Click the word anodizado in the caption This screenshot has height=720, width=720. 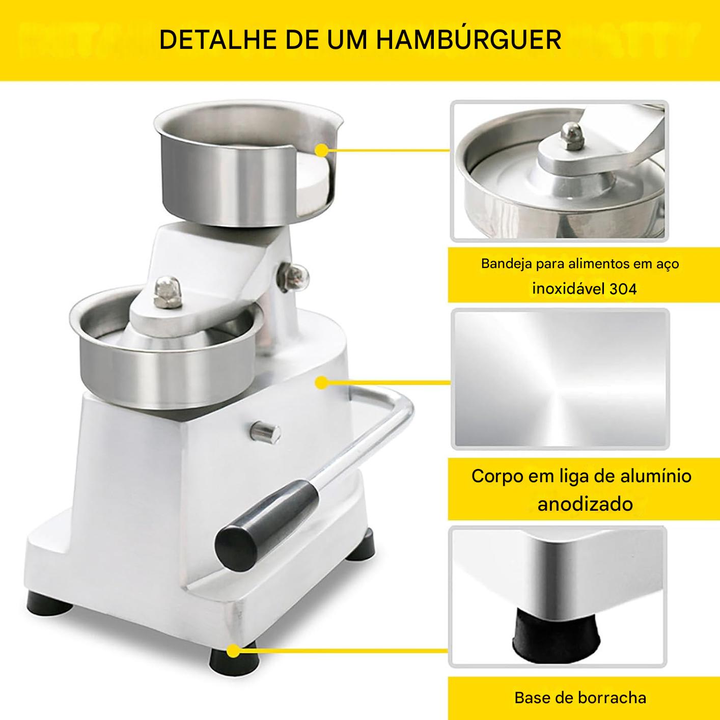[585, 504]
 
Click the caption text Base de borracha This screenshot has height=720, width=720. [580, 697]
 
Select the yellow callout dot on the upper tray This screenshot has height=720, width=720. [321, 150]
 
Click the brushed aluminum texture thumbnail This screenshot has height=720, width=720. [559, 379]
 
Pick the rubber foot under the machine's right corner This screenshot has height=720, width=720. [364, 540]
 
